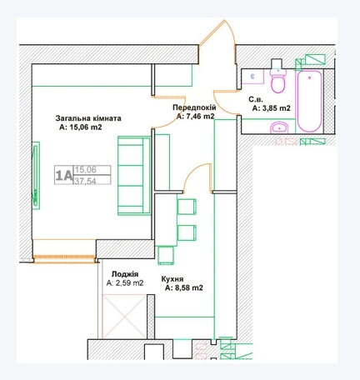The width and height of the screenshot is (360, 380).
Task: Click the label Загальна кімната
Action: (x=89, y=119)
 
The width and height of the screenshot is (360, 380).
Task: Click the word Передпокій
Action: (x=196, y=108)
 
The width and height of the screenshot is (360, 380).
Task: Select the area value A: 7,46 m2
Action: (x=196, y=117)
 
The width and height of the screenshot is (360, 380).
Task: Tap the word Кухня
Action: (x=173, y=280)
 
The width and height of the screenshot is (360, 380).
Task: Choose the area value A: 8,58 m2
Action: (x=184, y=288)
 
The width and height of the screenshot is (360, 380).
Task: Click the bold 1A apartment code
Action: (x=62, y=174)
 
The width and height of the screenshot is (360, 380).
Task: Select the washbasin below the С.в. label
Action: (x=279, y=127)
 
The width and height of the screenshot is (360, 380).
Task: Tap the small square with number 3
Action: (x=253, y=75)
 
